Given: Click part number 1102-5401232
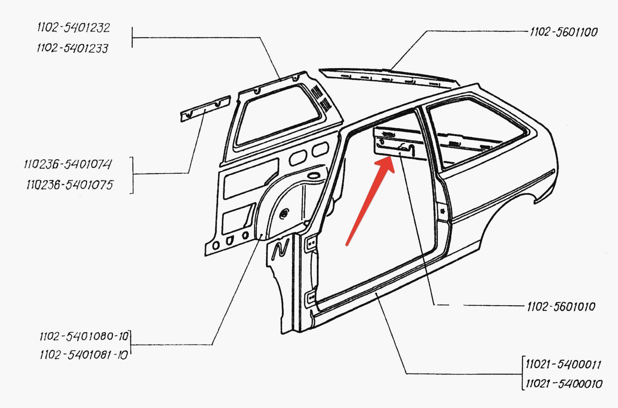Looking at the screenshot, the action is point(73,28).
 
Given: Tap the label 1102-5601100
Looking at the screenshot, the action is point(564,32).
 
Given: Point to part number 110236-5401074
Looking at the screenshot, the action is point(68,164).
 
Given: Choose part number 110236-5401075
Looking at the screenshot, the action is point(70,184).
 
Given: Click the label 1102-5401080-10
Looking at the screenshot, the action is point(84,336).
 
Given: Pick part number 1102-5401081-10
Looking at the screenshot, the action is point(84,355).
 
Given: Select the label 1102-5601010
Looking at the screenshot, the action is point(561,307).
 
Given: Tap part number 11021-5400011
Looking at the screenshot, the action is point(563,364).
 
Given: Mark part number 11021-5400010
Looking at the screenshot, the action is point(564,384).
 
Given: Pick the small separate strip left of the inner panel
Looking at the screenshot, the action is point(205,108).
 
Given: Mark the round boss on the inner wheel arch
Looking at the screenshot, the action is point(285,213).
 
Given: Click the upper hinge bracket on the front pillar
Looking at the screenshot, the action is point(311,243).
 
